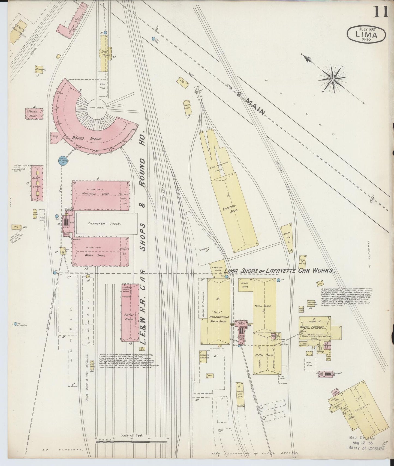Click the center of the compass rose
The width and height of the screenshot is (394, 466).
(x=333, y=79)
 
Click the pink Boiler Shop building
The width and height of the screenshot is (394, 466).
(x=34, y=114)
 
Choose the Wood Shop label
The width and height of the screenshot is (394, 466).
(x=92, y=256)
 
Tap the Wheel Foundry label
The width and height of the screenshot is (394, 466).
(x=315, y=327)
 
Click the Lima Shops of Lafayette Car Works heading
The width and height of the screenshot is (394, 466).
(x=279, y=271)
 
